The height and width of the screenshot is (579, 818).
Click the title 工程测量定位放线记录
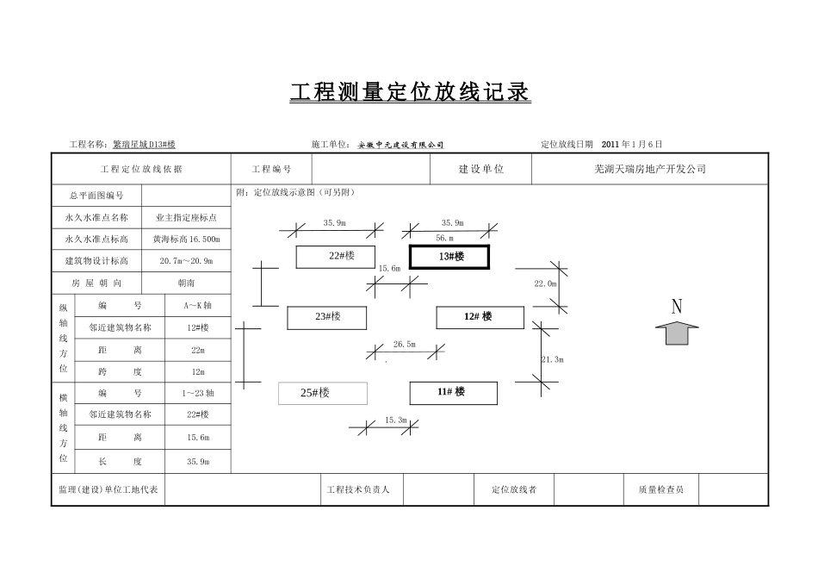(x=410, y=93)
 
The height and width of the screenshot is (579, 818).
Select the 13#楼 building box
(x=449, y=257)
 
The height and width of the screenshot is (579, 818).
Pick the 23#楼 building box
(x=327, y=317)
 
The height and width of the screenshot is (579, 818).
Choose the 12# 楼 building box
(x=480, y=317)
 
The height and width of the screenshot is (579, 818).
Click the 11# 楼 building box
(x=453, y=392)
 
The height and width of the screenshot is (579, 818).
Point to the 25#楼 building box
(x=322, y=393)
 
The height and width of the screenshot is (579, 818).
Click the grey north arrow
(x=677, y=333)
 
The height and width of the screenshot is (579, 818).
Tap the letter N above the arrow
(x=677, y=307)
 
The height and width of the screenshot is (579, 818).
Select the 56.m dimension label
(x=444, y=238)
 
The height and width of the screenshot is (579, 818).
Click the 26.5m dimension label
(x=404, y=345)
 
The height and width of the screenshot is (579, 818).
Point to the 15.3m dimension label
(x=395, y=420)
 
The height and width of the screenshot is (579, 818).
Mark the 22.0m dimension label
(x=545, y=283)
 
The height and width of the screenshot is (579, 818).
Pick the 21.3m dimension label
(x=551, y=359)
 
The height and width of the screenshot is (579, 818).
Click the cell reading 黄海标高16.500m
(x=186, y=240)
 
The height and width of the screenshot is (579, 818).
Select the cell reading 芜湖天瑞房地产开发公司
(x=649, y=170)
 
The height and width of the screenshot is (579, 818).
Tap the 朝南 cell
(x=186, y=283)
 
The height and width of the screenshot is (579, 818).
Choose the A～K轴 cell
(x=197, y=306)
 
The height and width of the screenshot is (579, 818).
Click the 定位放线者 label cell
(x=513, y=490)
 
